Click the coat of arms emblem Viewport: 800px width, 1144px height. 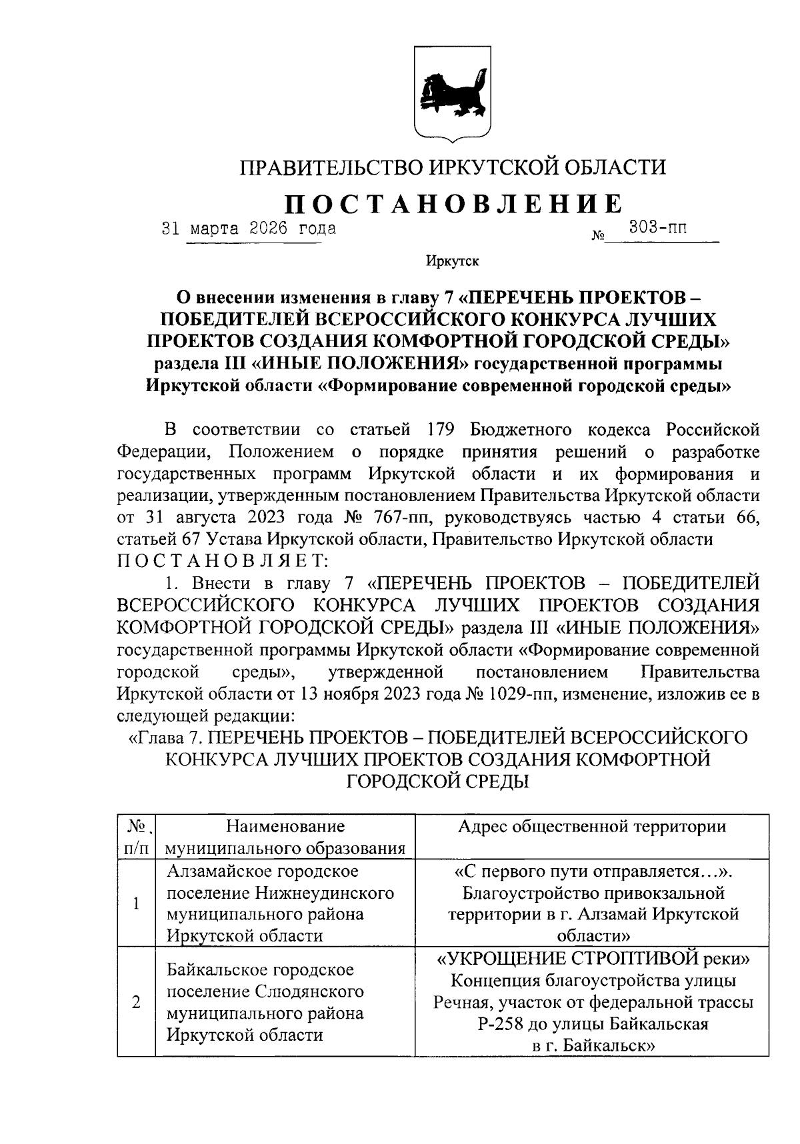point(453,93)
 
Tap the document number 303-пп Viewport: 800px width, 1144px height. point(658,229)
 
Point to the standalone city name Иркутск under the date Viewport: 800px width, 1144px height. point(453,261)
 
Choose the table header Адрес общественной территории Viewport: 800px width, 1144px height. point(592,827)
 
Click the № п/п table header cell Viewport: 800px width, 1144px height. point(137,837)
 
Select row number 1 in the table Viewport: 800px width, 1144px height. point(137,903)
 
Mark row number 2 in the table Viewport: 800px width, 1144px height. point(137,1002)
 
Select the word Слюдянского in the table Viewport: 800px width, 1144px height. point(309,991)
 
